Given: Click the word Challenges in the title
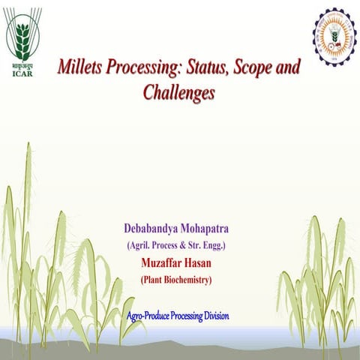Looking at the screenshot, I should tap(178, 93).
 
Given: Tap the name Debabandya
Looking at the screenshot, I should tap(154, 228).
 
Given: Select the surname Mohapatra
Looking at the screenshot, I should tap(211, 228).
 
